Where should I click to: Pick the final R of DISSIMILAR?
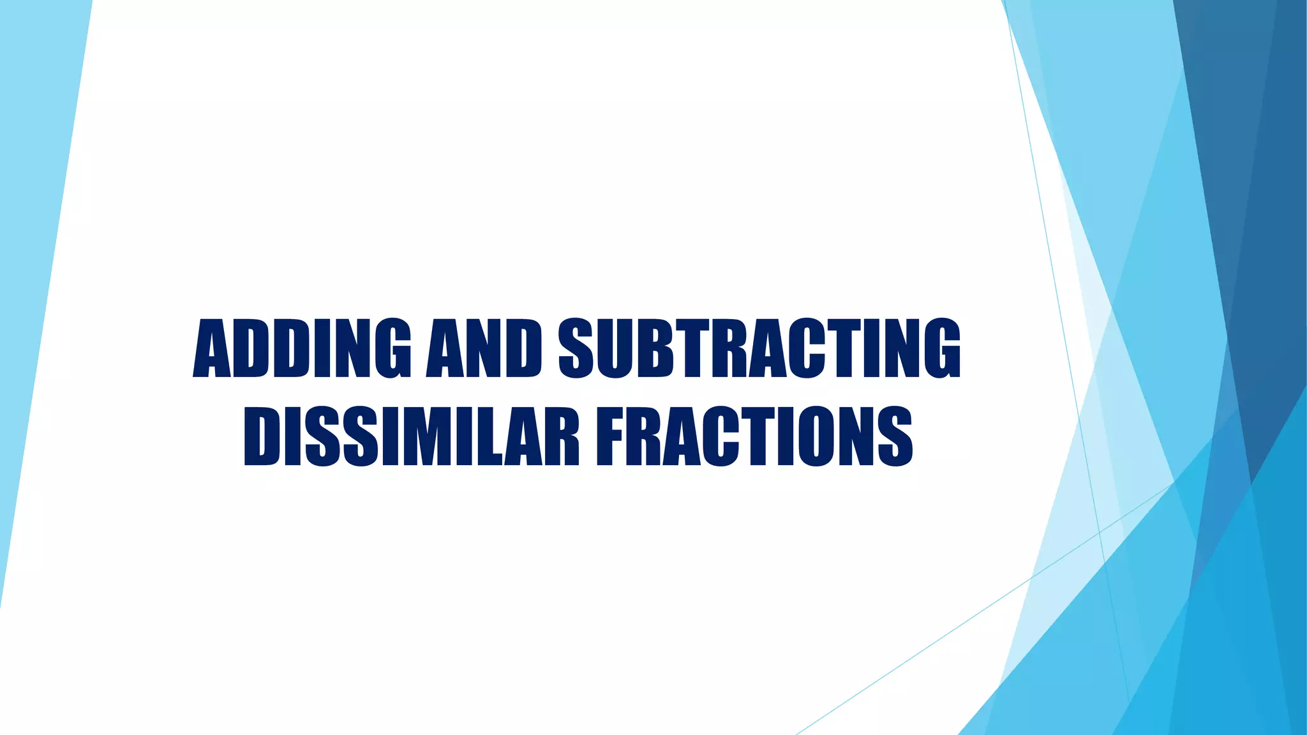click(562, 437)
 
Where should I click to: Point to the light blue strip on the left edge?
click(32, 255)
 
